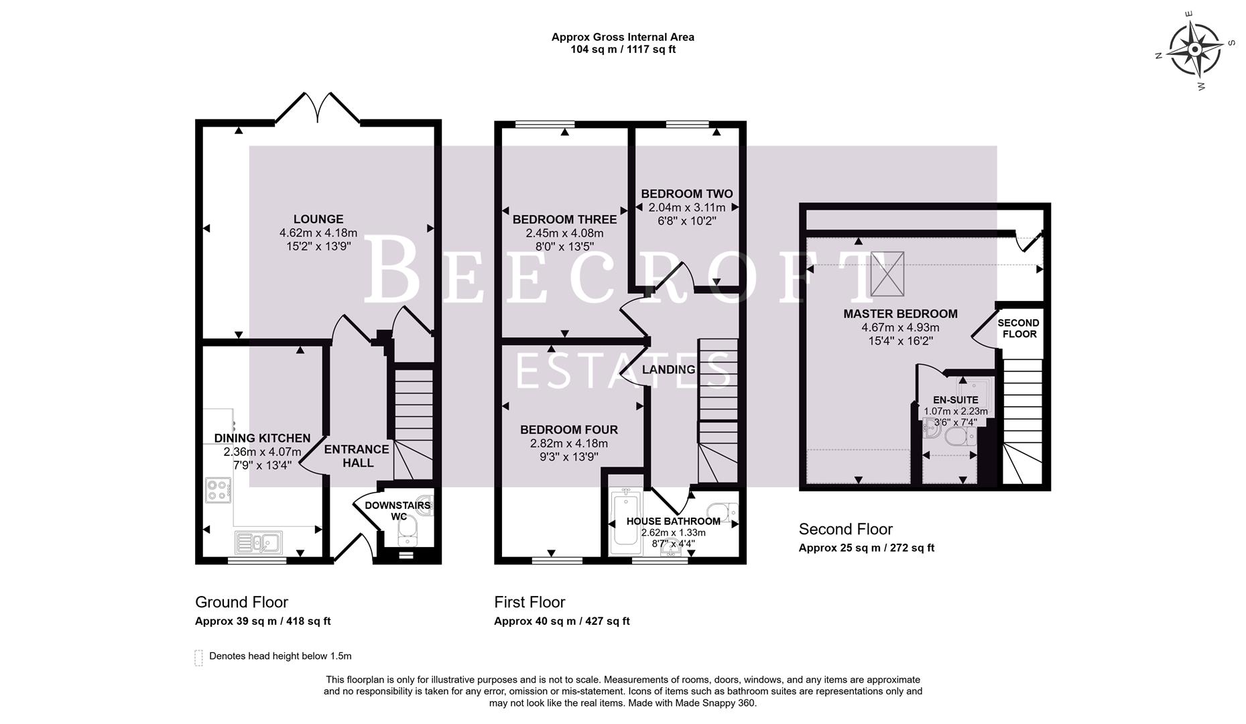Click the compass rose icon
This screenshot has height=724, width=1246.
pyautogui.click(x=1195, y=50)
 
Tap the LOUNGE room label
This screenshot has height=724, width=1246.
pyautogui.click(x=318, y=219)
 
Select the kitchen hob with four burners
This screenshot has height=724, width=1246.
pyautogui.click(x=218, y=490)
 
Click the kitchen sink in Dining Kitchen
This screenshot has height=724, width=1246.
pyautogui.click(x=259, y=541)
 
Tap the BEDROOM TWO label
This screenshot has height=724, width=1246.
pyautogui.click(x=686, y=194)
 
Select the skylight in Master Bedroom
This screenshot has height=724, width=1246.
pyautogui.click(x=887, y=274)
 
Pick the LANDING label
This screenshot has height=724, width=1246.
pyautogui.click(x=668, y=369)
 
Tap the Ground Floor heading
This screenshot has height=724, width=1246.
pyautogui.click(x=241, y=602)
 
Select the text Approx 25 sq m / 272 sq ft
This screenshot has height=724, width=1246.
pyautogui.click(x=866, y=548)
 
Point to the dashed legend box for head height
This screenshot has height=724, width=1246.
pyautogui.click(x=198, y=657)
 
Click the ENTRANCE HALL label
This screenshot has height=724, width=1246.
pyautogui.click(x=357, y=456)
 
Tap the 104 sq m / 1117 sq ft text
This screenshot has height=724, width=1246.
pyautogui.click(x=623, y=50)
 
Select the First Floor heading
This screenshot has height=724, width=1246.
pyautogui.click(x=529, y=602)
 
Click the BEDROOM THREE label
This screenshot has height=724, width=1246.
pyautogui.click(x=564, y=219)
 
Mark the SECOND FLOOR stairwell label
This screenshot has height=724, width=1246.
pyautogui.click(x=1018, y=328)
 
